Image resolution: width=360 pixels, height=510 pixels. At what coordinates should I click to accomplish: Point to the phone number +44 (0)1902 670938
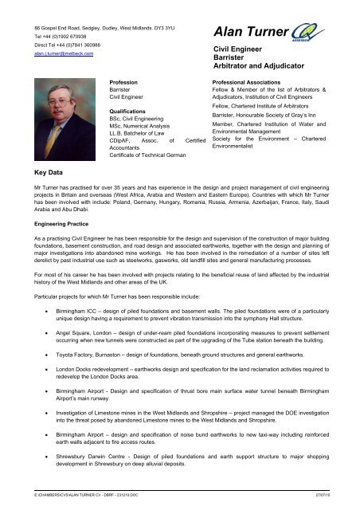tap(53, 35)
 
